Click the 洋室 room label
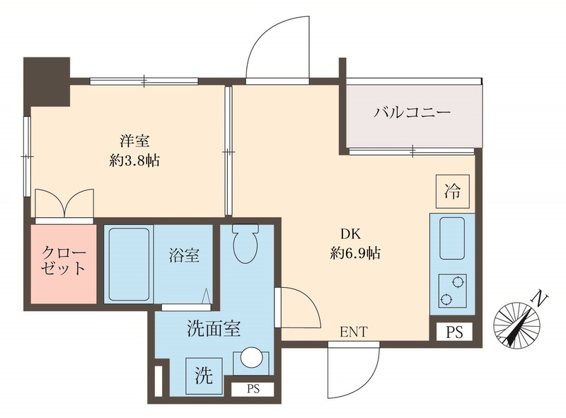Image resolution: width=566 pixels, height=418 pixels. coord(134,140)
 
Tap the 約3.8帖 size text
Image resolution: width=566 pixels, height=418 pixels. coord(134,161)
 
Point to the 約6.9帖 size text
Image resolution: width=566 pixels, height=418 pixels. coord(354,253)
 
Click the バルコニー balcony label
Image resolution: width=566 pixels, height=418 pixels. coord(412,113)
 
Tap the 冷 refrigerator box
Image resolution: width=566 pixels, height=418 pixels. coord(451,190)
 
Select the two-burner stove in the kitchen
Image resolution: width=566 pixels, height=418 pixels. coord(451,290)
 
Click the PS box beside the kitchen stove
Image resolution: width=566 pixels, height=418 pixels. coord(454,332)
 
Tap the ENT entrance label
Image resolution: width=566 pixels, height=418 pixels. coord(353,332)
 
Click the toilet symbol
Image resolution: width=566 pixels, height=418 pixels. coord(245,244)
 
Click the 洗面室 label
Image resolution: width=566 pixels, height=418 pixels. coord(214,328)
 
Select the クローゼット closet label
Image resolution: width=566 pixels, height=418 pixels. coord(64,260)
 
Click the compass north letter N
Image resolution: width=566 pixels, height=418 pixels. coord(540,298)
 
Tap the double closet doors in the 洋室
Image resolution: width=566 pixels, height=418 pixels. coord(64,204)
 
